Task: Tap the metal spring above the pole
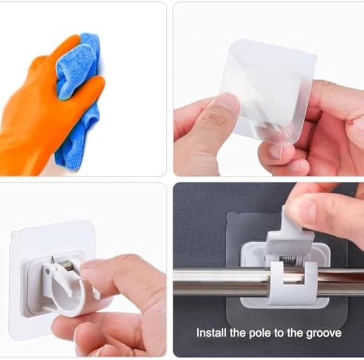[288, 260]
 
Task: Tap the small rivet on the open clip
[47, 271]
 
